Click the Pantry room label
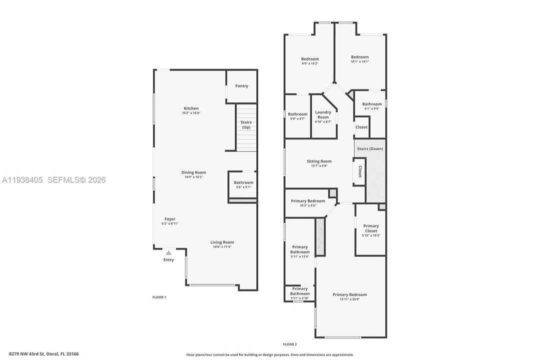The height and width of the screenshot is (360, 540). tap(242, 86)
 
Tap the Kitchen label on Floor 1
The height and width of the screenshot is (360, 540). tap(191, 108)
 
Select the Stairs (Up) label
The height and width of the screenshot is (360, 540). tap(246, 124)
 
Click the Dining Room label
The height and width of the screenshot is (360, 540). tap(193, 172)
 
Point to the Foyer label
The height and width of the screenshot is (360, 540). tap(170, 219)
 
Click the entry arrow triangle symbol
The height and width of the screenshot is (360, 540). tap(169, 253)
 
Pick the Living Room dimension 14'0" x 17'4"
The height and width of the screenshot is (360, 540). tap(222, 246)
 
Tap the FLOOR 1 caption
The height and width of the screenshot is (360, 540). tap(159, 297)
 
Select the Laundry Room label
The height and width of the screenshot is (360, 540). tap(323, 114)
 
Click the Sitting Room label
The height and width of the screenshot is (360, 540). tap(319, 161)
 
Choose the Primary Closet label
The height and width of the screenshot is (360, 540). tap(371, 228)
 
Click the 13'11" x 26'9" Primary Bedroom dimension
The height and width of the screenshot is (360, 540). tap(350, 299)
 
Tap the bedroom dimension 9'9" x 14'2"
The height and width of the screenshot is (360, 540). tap(310, 63)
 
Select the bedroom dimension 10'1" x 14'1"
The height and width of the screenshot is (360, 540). tap(360, 61)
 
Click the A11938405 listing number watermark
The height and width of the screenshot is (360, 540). tap(22, 180)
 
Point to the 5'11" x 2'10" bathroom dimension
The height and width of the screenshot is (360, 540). tap(300, 298)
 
